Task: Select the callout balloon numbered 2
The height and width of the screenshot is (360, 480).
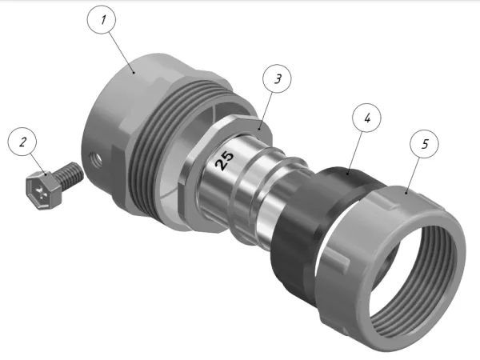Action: (23, 144)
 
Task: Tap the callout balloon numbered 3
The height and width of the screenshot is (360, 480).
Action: (276, 80)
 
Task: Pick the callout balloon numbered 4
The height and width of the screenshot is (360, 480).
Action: (366, 118)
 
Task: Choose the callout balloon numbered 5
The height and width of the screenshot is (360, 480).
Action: (425, 145)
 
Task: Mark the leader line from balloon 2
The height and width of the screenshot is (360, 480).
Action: (37, 160)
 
